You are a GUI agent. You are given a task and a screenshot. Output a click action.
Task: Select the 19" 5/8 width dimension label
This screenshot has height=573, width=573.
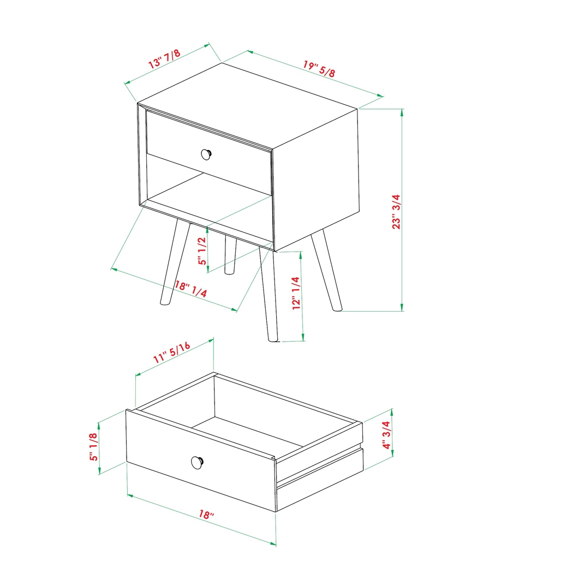(x=319, y=69)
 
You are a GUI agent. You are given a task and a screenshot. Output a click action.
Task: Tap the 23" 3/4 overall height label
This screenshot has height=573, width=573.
(x=397, y=211)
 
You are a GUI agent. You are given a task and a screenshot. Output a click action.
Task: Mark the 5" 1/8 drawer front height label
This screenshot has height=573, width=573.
(x=93, y=446)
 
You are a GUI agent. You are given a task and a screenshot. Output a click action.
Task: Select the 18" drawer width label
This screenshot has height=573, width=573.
(x=206, y=515)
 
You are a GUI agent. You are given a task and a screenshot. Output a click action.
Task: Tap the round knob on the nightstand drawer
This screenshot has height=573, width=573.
(x=206, y=154)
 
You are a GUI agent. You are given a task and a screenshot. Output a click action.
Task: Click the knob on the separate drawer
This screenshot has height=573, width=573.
(x=198, y=462)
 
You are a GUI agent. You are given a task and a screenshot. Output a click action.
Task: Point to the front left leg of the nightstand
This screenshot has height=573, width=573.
(x=174, y=262)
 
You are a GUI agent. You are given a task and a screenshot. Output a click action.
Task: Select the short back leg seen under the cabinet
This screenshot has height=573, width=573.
(x=231, y=255)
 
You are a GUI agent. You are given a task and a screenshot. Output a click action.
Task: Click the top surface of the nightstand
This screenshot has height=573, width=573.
(x=248, y=104)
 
